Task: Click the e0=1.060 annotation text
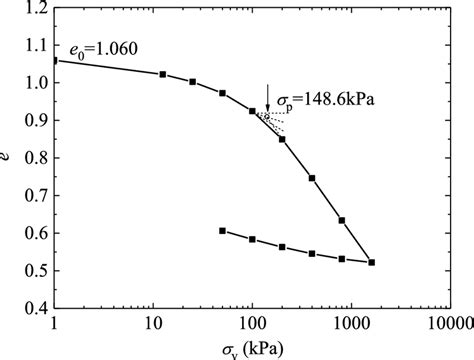point(103,47)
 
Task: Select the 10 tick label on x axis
point(153,323)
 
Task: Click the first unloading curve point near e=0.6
point(222,231)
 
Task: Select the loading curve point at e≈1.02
point(163,74)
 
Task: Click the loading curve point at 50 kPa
point(222,93)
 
